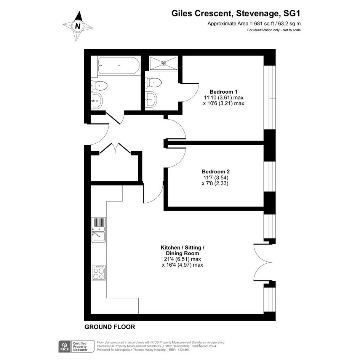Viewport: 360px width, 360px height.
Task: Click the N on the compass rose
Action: pos(78,26)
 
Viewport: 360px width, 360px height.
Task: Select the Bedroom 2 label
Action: pos(216,171)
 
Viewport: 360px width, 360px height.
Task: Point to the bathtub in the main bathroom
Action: pos(118,66)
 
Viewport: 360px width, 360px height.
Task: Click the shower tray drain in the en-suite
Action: pos(164,63)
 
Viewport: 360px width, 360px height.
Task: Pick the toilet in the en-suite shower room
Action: pos(153,82)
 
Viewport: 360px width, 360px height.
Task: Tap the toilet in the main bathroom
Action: pos(99,85)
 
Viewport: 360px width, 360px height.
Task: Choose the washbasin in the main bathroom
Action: pos(97,100)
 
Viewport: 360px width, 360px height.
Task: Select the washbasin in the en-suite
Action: pos(151,99)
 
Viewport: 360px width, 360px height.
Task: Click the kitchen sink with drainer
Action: pos(99,230)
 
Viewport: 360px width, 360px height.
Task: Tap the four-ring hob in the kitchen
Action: pos(99,272)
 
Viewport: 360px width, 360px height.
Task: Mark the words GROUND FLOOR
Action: pos(110,327)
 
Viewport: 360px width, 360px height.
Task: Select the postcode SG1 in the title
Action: pos(292,14)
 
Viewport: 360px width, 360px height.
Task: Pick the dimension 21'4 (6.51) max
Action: pos(182,259)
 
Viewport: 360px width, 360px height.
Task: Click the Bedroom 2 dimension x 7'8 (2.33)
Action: pos(215,184)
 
